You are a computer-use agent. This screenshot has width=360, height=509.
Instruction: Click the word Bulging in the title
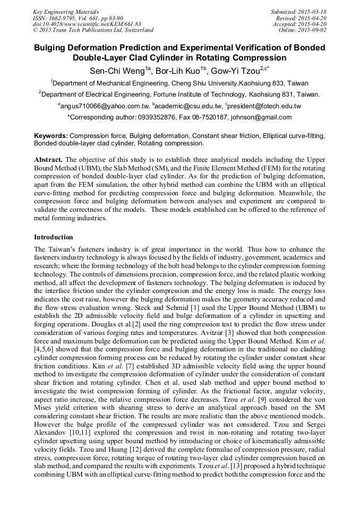53,48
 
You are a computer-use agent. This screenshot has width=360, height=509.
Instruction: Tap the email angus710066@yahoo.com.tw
104,106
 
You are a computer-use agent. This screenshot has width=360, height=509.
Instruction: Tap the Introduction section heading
54,237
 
